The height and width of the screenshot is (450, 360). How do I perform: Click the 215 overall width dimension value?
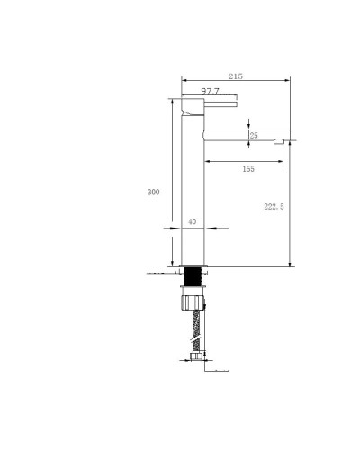point(237,77)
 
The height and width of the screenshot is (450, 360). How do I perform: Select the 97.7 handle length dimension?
point(211,92)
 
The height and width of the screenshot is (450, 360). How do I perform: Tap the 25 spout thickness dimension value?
point(254,135)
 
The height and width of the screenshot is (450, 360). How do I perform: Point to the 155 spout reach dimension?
point(248,169)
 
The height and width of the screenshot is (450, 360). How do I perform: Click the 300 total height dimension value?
point(153,191)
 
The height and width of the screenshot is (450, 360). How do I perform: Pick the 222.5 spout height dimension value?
point(274,206)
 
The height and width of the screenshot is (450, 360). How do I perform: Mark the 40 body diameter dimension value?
point(192,220)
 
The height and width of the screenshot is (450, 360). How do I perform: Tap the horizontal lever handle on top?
point(216,103)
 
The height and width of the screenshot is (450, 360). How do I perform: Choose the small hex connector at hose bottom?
point(197,362)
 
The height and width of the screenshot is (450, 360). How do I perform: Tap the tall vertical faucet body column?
point(193,189)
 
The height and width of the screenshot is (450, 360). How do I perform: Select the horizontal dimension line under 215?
point(237,83)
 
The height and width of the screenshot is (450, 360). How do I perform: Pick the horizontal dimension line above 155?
point(243,161)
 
